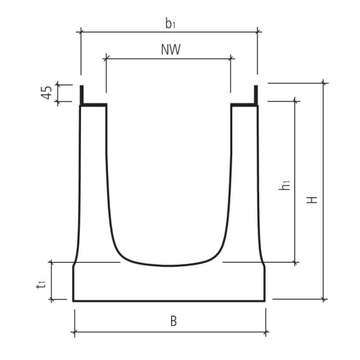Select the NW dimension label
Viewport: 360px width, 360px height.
click(x=170, y=50)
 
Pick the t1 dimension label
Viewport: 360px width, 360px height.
click(x=40, y=284)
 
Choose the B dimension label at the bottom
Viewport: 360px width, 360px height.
click(x=173, y=321)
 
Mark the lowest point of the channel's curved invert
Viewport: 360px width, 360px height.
click(x=169, y=265)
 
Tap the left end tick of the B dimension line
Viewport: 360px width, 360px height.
click(x=74, y=332)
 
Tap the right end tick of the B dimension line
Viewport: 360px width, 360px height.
click(x=265, y=332)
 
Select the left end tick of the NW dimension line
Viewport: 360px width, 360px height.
click(x=106, y=58)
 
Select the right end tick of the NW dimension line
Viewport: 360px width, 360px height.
click(x=232, y=58)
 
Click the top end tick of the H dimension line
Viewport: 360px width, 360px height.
click(x=325, y=83)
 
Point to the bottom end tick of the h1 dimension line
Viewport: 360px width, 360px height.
click(x=295, y=262)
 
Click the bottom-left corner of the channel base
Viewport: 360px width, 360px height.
click(x=73, y=300)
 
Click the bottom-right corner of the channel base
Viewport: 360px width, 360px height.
click(x=265, y=300)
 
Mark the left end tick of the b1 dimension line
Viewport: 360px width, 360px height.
click(x=81, y=31)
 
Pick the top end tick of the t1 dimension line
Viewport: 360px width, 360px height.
click(x=52, y=262)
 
